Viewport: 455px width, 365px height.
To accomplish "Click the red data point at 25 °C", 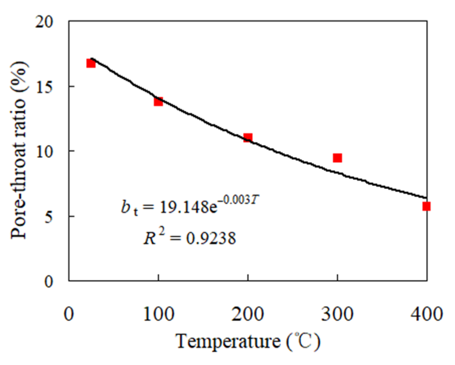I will (x=91, y=63).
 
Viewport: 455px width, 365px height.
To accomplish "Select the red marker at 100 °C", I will (x=158, y=101).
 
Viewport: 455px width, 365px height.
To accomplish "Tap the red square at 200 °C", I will (x=248, y=137).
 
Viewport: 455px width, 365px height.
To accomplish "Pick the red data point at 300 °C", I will (x=337, y=158).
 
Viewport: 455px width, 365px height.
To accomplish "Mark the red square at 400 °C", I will (x=426, y=206).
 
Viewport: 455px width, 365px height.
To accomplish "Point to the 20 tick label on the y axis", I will (x=45, y=22).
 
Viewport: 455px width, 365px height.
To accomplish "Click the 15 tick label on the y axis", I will (x=45, y=87).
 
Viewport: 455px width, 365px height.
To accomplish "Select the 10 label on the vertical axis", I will (x=45, y=152).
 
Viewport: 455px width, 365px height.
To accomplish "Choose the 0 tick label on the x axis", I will (x=69, y=314).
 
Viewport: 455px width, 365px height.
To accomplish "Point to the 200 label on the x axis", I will (x=248, y=314).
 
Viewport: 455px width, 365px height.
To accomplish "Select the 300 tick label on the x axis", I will (x=337, y=314).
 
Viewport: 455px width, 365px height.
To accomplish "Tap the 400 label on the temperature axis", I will (x=426, y=314).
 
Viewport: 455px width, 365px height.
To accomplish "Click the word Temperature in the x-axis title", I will (x=228, y=341).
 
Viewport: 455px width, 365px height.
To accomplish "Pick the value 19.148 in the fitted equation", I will (x=183, y=207).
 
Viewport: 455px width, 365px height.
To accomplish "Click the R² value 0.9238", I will (x=211, y=238).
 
